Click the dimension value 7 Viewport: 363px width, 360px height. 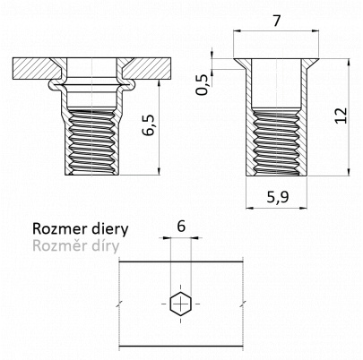pyautogui.click(x=277, y=21)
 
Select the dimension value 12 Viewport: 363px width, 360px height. pyautogui.click(x=341, y=115)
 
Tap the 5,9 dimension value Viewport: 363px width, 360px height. pyautogui.click(x=278, y=197)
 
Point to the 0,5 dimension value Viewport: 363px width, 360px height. pyautogui.click(x=203, y=84)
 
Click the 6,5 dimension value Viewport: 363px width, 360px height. pyautogui.click(x=149, y=124)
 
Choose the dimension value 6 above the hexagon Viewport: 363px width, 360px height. pyautogui.click(x=181, y=227)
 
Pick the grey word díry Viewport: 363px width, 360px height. pyautogui.click(x=102, y=246)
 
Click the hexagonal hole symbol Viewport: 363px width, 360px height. pyautogui.click(x=180, y=304)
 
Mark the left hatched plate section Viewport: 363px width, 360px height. pyautogui.click(x=36, y=68)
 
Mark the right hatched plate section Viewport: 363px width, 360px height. pyautogui.click(x=147, y=68)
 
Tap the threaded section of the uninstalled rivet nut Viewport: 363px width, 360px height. pyautogui.click(x=276, y=142)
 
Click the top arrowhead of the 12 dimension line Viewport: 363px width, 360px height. pyautogui.click(x=349, y=63)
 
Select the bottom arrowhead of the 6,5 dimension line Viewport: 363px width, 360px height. pyautogui.click(x=160, y=171)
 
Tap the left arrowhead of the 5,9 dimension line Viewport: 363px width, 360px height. pyautogui.click(x=250, y=208)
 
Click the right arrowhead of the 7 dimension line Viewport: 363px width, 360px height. pyautogui.click(x=315, y=30)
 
